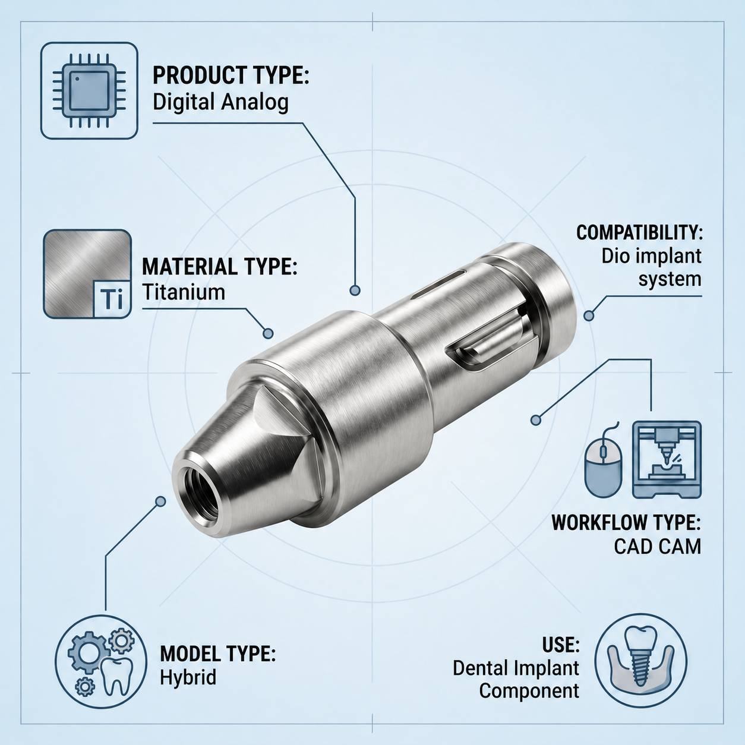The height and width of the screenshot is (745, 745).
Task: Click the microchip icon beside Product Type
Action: click(89, 91)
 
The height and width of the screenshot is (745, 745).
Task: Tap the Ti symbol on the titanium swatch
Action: click(112, 299)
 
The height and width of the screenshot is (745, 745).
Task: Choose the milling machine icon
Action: click(667, 459)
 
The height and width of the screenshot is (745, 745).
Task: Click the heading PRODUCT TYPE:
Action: click(231, 76)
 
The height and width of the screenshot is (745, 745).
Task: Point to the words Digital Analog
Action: click(220, 102)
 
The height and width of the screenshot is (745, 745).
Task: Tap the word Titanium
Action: click(184, 292)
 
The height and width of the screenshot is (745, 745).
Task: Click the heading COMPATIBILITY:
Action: click(639, 232)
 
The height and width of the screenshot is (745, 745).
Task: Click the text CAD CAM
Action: click(657, 546)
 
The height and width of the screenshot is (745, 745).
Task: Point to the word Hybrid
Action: click(188, 677)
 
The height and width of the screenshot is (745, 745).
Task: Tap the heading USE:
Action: click(560, 645)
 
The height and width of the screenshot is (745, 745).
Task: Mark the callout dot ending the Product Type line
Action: click(355, 291)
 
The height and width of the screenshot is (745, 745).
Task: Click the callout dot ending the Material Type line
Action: click(268, 334)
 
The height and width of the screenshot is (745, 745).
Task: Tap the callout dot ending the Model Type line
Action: click(160, 501)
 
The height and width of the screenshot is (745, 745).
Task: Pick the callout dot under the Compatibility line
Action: click(588, 316)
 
